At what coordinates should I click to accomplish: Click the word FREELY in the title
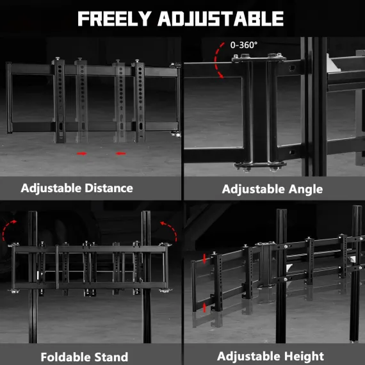pyautogui.click(x=115, y=19)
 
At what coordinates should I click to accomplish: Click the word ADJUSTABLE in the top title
pyautogui.click(x=221, y=19)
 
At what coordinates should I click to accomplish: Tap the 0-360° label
pyautogui.click(x=244, y=45)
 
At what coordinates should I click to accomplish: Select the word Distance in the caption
pyautogui.click(x=109, y=188)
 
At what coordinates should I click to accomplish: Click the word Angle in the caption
pyautogui.click(x=305, y=189)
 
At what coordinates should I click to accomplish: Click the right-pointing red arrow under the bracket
pyautogui.click(x=82, y=154)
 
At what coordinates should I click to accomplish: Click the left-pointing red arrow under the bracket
pyautogui.click(x=121, y=154)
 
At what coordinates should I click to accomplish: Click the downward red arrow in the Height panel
pyautogui.click(x=204, y=259)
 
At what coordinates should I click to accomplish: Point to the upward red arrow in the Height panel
pyautogui.click(x=205, y=307)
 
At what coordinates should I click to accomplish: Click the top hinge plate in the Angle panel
pyautogui.click(x=259, y=58)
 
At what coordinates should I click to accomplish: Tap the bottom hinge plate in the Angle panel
pyautogui.click(x=260, y=166)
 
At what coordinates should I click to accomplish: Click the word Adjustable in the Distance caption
pyautogui.click(x=51, y=188)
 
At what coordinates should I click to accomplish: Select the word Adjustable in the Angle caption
pyautogui.click(x=254, y=189)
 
